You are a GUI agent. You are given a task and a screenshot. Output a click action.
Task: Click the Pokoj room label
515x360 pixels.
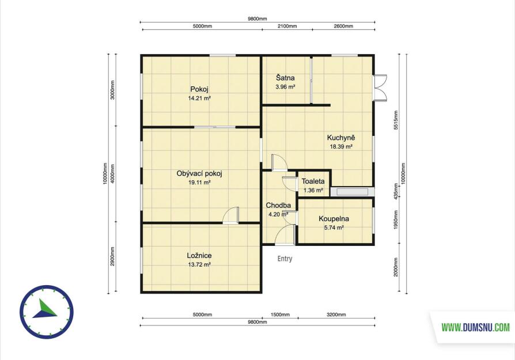pyautogui.click(x=199, y=89)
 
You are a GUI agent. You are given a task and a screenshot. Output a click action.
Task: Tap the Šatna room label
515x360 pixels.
pyautogui.click(x=285, y=78)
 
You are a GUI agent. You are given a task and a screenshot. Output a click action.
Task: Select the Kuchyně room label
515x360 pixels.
pyautogui.click(x=341, y=138)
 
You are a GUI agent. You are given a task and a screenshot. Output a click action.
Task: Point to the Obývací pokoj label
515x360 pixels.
pyautogui.click(x=199, y=174)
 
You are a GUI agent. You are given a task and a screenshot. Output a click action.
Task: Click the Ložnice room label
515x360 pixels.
pyautogui.click(x=199, y=256)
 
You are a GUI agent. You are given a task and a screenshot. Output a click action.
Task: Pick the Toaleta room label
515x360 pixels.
pyautogui.click(x=313, y=181)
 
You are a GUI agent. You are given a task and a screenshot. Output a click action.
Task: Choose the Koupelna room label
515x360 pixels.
pyautogui.click(x=334, y=219)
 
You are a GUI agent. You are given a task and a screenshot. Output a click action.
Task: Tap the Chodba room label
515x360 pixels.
pyautogui.click(x=278, y=206)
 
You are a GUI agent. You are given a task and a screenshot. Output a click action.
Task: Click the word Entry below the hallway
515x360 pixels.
pyautogui.click(x=285, y=259)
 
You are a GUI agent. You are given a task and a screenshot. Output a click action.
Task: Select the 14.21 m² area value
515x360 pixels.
pyautogui.click(x=199, y=98)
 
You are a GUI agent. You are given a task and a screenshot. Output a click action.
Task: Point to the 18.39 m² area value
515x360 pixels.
pyautogui.click(x=341, y=147)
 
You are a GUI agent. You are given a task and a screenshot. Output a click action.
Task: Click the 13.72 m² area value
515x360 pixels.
pyautogui.click(x=199, y=264)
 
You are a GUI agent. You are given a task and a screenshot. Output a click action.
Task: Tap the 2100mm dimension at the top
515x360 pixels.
pyautogui.click(x=287, y=26)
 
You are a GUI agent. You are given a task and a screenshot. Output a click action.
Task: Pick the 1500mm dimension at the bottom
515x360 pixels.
pyautogui.click(x=280, y=314)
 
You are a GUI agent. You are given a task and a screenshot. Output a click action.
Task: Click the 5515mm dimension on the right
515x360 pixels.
pyautogui.click(x=396, y=120)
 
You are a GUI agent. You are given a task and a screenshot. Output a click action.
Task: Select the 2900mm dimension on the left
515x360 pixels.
pyautogui.click(x=112, y=256)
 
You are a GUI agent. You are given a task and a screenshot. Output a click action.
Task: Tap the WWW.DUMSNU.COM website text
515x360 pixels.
pyautogui.click(x=476, y=328)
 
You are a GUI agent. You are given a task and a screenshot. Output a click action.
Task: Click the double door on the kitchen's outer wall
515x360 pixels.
pyautogui.click(x=380, y=87)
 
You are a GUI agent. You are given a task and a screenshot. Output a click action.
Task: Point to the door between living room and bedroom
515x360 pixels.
pyautogui.click(x=230, y=215)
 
